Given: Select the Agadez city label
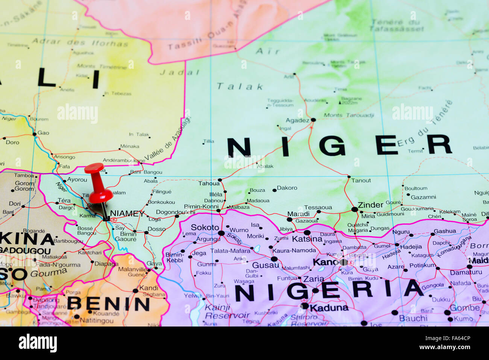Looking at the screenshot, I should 297,120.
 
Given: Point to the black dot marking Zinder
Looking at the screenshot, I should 354,209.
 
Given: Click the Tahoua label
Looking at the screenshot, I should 209,184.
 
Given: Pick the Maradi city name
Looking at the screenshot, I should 298,214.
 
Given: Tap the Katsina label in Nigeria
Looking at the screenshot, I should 307,239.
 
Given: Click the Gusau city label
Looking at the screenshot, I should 266,265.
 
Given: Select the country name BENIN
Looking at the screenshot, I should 108,304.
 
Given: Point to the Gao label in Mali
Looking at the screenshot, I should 43,133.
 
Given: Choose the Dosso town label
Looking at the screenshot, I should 156,229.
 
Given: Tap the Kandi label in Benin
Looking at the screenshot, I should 149,288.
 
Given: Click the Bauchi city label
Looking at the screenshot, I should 413,318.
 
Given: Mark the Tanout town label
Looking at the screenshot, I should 361,181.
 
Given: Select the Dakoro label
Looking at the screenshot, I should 287,188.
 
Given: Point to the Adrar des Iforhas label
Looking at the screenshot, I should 80,42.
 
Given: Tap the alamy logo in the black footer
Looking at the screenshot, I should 38,343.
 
